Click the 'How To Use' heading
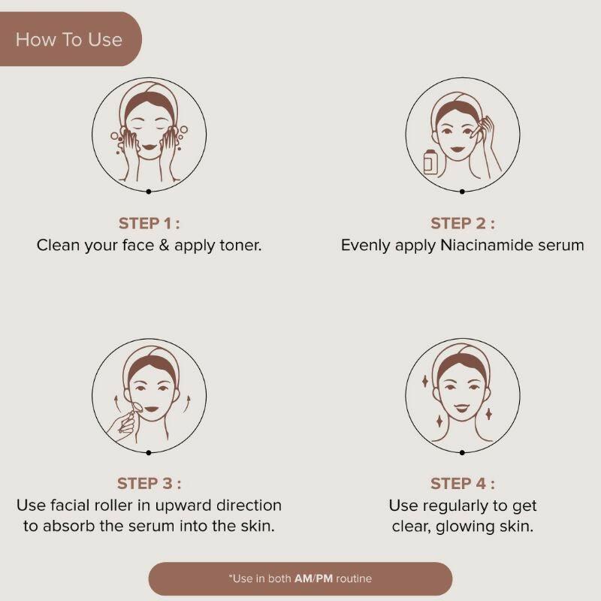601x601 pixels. (x=69, y=40)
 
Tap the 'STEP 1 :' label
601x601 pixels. (x=149, y=223)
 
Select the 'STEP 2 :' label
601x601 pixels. (x=463, y=223)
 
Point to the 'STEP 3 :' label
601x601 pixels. (x=149, y=484)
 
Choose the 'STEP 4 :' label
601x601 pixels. (x=463, y=484)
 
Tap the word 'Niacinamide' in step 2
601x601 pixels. (x=486, y=246)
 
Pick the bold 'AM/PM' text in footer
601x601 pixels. (x=313, y=578)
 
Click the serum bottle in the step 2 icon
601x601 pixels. (x=430, y=162)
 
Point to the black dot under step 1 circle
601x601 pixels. (x=149, y=192)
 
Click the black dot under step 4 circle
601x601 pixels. (x=462, y=452)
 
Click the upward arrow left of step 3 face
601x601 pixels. (x=116, y=404)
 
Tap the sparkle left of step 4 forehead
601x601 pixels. (x=424, y=382)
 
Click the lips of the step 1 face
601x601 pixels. (x=149, y=146)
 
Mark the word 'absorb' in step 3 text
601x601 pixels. (x=68, y=527)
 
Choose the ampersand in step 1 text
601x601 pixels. (x=164, y=246)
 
